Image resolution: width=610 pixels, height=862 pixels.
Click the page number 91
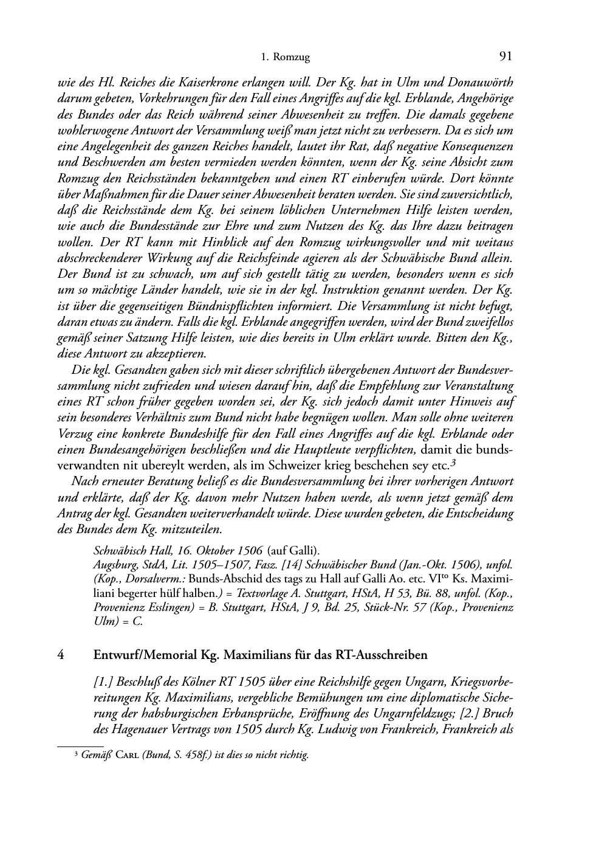pyautogui.click(x=505, y=57)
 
